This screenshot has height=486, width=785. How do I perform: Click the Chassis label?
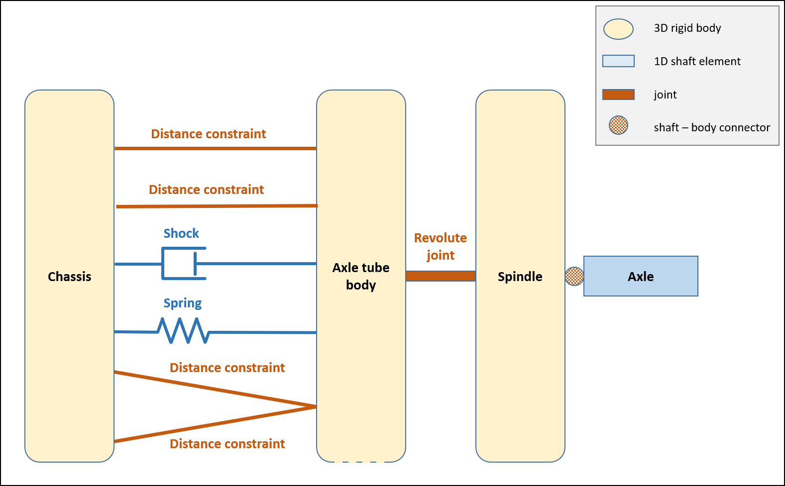(69, 277)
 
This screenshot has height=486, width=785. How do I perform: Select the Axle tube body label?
(361, 276)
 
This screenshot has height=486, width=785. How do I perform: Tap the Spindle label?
(520, 277)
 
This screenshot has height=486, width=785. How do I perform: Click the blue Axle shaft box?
(641, 276)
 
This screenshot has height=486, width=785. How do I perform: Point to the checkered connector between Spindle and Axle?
(574, 276)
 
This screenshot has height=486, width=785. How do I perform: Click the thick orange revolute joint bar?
(441, 276)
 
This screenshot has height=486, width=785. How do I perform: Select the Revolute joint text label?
(441, 246)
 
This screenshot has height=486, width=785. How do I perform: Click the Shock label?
(181, 233)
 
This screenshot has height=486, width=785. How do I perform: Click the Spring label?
(183, 303)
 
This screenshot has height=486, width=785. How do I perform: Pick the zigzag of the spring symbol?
(183, 331)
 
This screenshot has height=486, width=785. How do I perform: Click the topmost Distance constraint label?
(209, 134)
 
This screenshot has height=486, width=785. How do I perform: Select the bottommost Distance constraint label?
(227, 444)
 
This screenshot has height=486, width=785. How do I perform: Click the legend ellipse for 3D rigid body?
(618, 29)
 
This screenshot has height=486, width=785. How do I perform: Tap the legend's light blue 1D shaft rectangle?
(618, 61)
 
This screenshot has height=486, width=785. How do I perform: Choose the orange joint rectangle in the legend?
(618, 95)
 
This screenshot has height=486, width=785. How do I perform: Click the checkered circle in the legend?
(618, 125)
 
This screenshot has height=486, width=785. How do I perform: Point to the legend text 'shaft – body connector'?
(712, 127)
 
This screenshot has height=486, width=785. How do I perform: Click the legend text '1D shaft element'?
(697, 61)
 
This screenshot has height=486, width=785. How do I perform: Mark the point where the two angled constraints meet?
(315, 407)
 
